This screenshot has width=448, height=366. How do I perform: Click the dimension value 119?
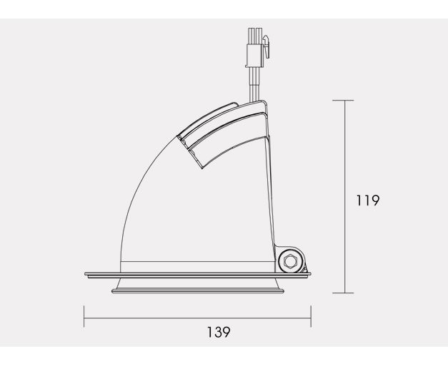[x=368, y=200]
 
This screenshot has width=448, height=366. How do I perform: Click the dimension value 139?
[x=219, y=332]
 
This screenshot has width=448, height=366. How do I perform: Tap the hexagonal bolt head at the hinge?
[x=289, y=260]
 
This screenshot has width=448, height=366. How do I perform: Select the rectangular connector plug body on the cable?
[x=254, y=56]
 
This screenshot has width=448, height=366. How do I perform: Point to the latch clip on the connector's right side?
[x=267, y=46]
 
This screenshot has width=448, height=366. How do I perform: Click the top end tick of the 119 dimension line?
[x=343, y=101]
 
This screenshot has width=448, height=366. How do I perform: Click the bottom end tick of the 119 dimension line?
[x=343, y=293]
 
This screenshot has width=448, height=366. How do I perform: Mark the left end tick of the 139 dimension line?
[x=84, y=316]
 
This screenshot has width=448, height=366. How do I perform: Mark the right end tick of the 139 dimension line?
[x=311, y=316]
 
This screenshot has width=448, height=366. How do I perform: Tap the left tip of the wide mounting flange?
[x=85, y=274]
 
